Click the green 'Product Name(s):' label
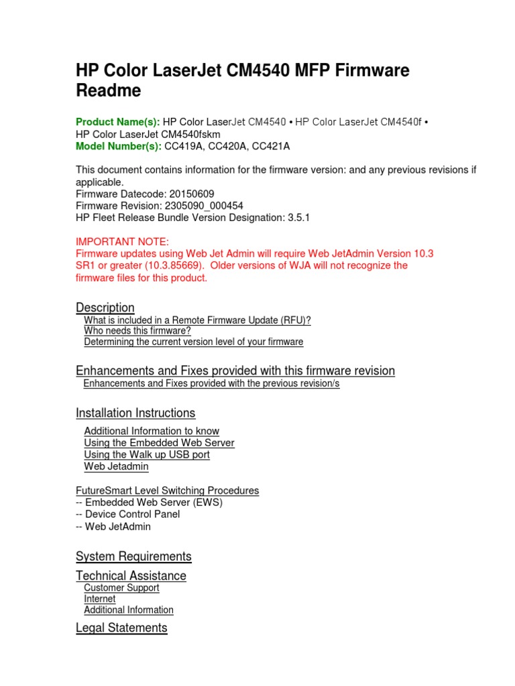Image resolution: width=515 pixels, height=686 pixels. (117, 122)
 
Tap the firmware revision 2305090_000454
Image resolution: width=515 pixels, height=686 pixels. (204, 206)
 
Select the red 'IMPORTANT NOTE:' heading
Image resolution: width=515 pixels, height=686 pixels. (123, 241)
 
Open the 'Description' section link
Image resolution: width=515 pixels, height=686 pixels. (105, 307)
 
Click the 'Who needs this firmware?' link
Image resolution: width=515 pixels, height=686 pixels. (137, 331)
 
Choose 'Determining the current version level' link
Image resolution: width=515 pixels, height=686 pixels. (193, 342)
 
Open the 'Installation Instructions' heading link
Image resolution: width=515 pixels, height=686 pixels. (135, 413)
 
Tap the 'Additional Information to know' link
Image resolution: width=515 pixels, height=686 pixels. (152, 431)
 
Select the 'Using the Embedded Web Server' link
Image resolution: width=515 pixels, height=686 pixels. (159, 443)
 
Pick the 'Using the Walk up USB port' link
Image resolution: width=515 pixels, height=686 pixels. (147, 455)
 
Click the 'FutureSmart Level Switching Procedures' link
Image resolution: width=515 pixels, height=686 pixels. (167, 491)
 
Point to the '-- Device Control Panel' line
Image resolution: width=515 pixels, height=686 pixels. (127, 514)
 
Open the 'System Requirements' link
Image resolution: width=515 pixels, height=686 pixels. (133, 556)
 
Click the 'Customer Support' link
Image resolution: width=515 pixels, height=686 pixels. (121, 588)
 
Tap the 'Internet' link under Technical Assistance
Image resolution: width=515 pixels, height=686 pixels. (99, 599)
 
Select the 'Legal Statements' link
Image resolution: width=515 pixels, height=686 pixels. (121, 628)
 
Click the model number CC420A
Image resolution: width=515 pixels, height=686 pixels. (227, 146)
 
